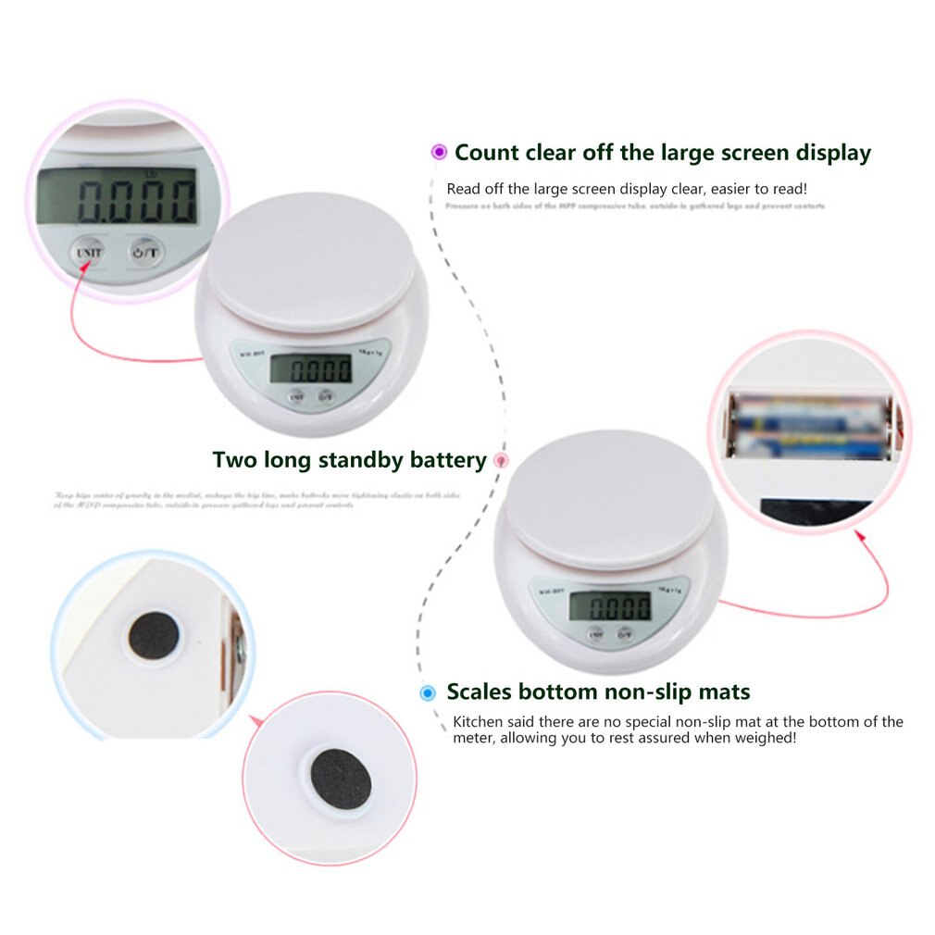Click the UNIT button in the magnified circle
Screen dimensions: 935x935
[x=90, y=251]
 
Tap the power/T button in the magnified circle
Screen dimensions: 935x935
[x=144, y=251]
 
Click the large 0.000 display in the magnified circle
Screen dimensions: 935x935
[x=135, y=199]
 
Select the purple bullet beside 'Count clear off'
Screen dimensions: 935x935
[x=439, y=153]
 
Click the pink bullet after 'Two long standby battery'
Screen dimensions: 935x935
[x=502, y=460]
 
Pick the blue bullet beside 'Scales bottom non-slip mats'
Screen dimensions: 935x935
[x=428, y=692]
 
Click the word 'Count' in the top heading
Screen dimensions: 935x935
[x=487, y=153]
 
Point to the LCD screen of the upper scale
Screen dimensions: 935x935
[x=310, y=371]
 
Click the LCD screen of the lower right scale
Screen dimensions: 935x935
[x=609, y=606]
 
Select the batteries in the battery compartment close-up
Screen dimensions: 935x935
[x=810, y=425]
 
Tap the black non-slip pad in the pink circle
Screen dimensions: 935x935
[x=341, y=779]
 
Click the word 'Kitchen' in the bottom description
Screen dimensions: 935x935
[x=475, y=722]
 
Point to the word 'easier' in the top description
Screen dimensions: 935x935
[x=710, y=189]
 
